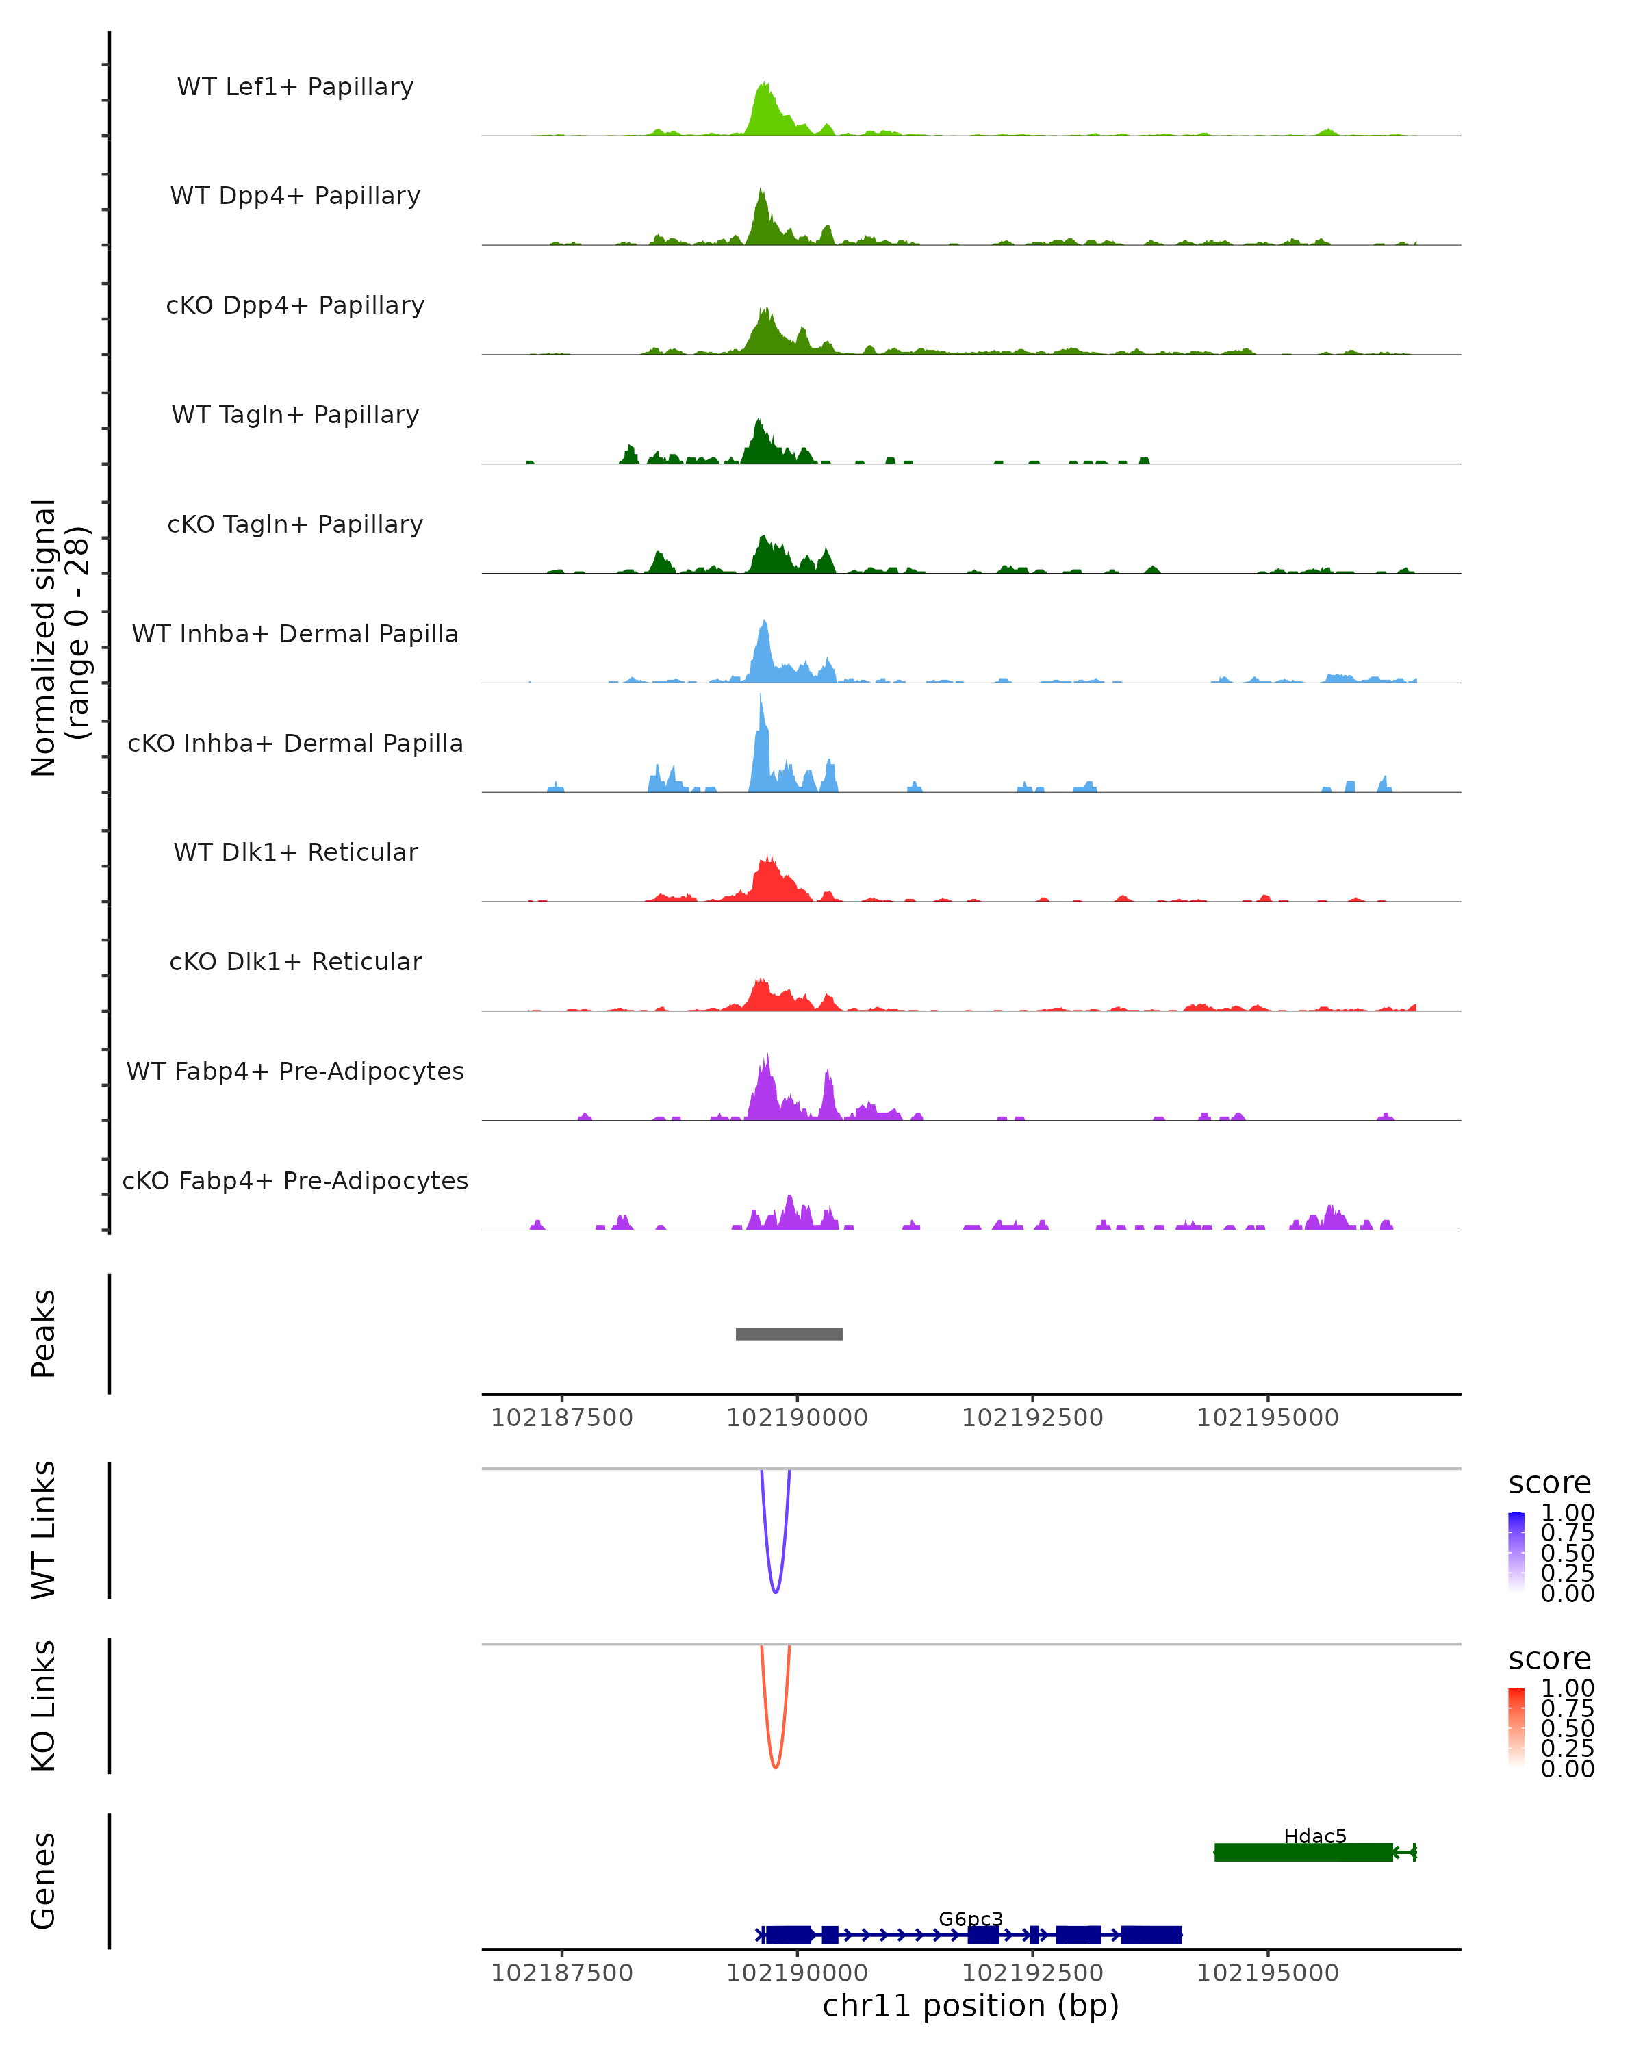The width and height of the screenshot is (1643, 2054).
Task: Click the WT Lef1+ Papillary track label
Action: pos(295,87)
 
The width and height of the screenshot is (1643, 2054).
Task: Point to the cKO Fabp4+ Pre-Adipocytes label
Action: pos(295,1180)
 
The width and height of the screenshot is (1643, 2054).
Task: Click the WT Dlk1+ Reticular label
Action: pos(295,852)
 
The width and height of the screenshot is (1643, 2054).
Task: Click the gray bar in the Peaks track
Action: pos(789,1334)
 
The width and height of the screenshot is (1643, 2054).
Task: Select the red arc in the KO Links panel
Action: pos(776,1765)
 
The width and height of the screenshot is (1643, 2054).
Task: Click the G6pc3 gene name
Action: pos(971,1918)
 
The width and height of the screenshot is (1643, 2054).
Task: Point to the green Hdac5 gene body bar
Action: pos(1303,1852)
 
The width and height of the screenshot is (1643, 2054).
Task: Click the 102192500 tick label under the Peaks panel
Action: pos(1032,1418)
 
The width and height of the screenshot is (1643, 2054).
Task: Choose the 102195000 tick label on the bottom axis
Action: pos(1268,1973)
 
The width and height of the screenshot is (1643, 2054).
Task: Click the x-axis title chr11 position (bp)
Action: pos(971,2006)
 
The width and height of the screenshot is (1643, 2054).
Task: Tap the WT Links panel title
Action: pos(44,1530)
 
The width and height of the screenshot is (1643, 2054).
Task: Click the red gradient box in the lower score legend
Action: pos(1516,1727)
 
